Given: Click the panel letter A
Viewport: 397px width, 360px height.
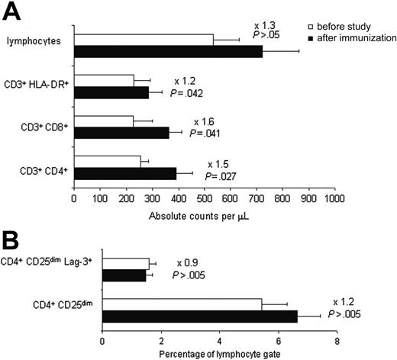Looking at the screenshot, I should pos(12,12).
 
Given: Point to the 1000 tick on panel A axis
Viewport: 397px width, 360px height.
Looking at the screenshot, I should pos(334,198).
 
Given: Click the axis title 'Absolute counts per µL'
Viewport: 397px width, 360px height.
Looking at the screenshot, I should pos(203,215).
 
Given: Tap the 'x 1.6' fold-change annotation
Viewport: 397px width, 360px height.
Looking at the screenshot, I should pos(203,121).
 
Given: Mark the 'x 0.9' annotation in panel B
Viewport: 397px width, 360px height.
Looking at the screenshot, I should pos(188,262).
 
